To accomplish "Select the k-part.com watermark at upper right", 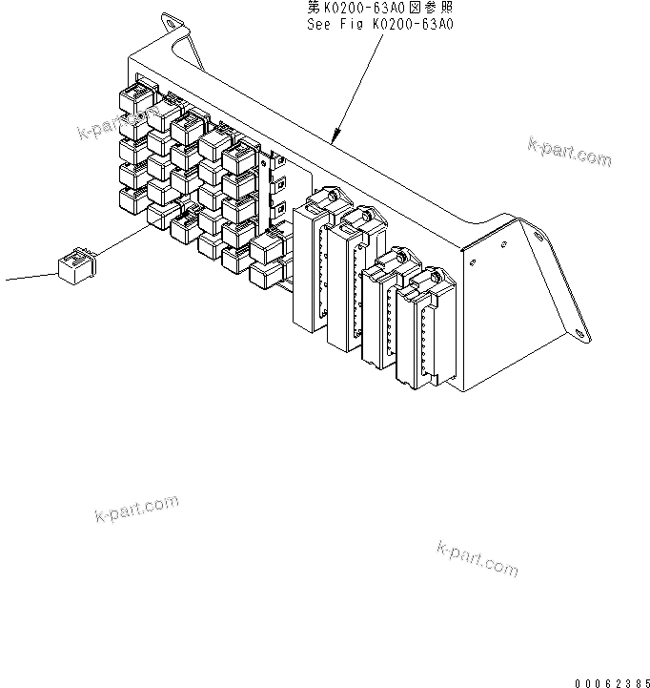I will point(569,152).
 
